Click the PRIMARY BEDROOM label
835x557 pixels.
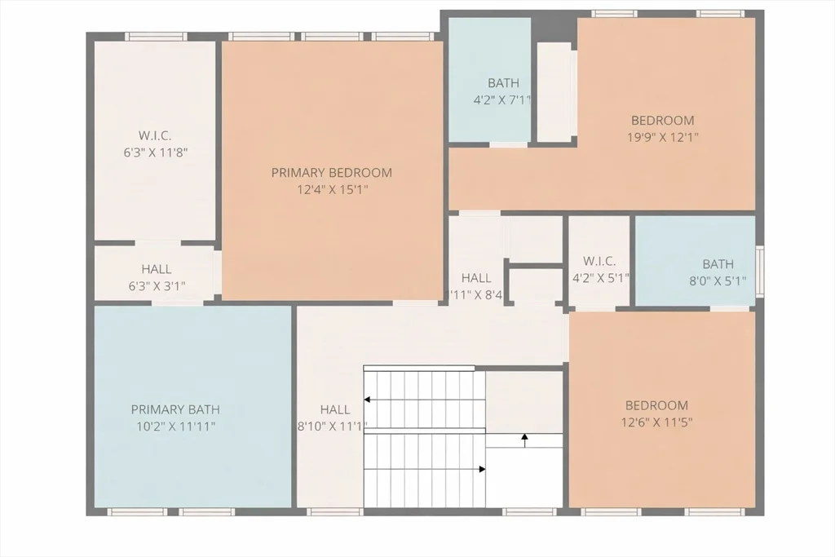[331, 173]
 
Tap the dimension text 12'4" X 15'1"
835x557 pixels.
[331, 190]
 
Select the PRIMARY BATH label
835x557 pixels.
[175, 409]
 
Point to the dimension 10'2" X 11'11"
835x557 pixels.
[175, 427]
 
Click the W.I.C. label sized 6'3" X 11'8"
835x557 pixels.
[155, 135]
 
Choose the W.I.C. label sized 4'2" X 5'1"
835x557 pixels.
[599, 261]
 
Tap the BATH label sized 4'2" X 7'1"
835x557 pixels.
[503, 83]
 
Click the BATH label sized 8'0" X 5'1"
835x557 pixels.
[718, 264]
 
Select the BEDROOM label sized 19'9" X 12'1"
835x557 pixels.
[662, 121]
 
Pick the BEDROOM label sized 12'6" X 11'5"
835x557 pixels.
[656, 405]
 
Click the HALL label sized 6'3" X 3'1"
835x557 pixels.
[156, 269]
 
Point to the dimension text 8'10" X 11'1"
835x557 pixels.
[333, 427]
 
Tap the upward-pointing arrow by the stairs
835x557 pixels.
[524, 439]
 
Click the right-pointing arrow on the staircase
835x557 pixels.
[482, 469]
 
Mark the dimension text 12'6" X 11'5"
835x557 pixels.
[656, 422]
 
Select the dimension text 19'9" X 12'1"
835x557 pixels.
[662, 138]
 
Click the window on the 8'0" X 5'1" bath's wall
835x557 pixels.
[760, 270]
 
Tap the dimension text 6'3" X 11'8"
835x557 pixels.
[155, 152]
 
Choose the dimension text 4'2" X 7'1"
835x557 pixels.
[503, 100]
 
